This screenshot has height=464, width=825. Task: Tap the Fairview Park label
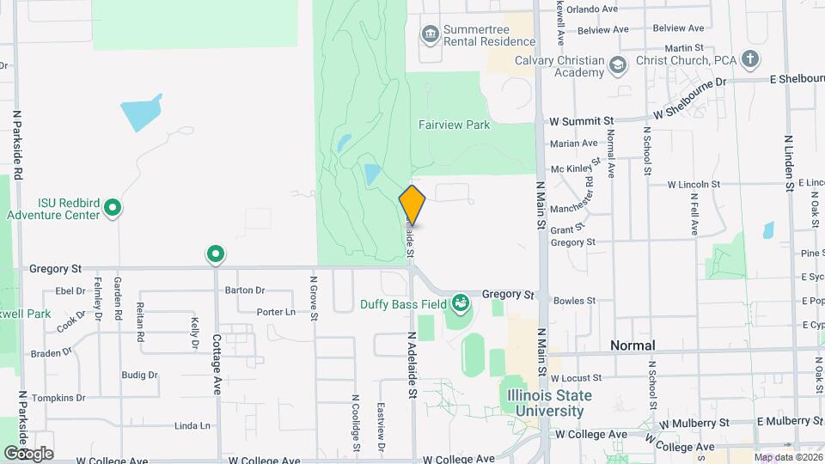pyautogui.click(x=454, y=125)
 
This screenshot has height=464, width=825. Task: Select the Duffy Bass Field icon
pyautogui.click(x=461, y=302)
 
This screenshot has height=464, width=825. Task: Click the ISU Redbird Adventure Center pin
pyautogui.click(x=112, y=207)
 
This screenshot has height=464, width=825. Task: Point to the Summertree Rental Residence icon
pyautogui.click(x=430, y=34)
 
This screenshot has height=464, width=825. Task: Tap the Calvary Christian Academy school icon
pyautogui.click(x=617, y=65)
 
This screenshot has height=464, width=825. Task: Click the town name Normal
pyautogui.click(x=632, y=345)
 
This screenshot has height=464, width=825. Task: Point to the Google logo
pyautogui.click(x=28, y=453)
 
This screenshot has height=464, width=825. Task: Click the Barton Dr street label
pyautogui.click(x=244, y=290)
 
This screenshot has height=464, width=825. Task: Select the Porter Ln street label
pyautogui.click(x=276, y=312)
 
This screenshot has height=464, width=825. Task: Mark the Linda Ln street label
pyautogui.click(x=192, y=425)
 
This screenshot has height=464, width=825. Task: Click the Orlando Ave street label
pyautogui.click(x=598, y=9)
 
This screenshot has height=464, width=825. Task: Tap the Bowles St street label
pyautogui.click(x=575, y=301)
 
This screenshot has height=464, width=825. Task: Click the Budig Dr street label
pyautogui.click(x=139, y=375)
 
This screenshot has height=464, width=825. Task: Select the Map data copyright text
pyautogui.click(x=788, y=457)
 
